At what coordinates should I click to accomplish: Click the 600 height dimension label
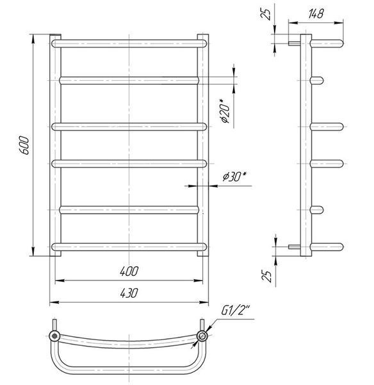[24, 146]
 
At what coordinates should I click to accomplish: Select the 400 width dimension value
[129, 271]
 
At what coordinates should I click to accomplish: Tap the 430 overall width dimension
[129, 293]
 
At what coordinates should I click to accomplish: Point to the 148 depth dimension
[316, 13]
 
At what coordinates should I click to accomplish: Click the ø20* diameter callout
[225, 111]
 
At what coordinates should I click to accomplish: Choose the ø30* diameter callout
[234, 176]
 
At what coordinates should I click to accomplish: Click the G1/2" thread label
[236, 311]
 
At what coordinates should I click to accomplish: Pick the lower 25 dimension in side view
[267, 276]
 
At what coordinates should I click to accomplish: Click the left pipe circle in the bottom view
[54, 336]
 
